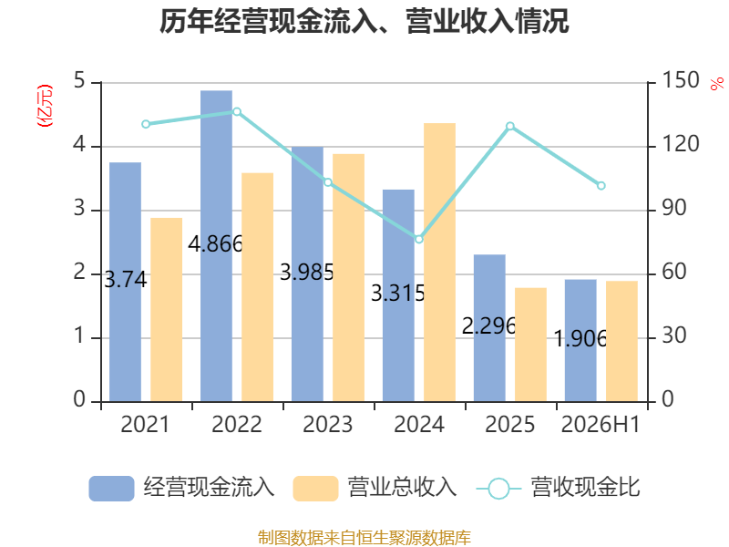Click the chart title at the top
click(364, 21)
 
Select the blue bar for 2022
click(216, 246)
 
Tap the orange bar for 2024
click(440, 263)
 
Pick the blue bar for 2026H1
click(580, 340)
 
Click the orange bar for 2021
click(167, 310)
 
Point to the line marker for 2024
click(419, 239)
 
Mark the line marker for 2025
click(510, 126)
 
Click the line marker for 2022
click(237, 111)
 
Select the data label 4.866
click(215, 243)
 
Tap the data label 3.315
click(398, 293)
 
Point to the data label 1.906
click(580, 338)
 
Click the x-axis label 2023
click(328, 424)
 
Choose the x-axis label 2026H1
click(601, 424)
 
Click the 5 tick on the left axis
click(79, 80)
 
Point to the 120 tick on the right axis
click(680, 144)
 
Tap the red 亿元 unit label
click(45, 106)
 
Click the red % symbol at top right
click(717, 84)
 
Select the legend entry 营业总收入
click(375, 488)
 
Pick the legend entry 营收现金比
click(559, 488)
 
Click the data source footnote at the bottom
click(364, 538)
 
